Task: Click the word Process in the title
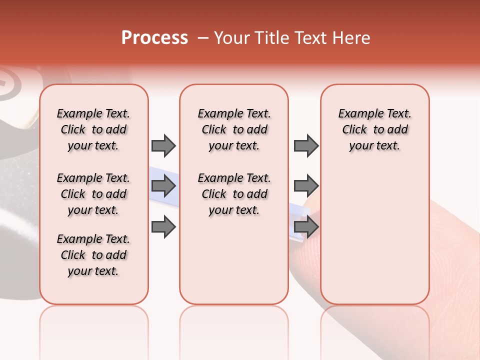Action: (x=154, y=38)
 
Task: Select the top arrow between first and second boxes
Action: (x=163, y=145)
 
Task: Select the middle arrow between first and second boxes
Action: (x=163, y=186)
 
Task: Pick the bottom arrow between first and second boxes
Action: (x=163, y=227)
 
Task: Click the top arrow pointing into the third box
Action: (x=306, y=145)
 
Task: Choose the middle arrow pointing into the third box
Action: (x=306, y=186)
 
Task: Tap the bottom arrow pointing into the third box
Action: (x=306, y=227)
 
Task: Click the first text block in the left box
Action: (x=93, y=129)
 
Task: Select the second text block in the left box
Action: (x=93, y=194)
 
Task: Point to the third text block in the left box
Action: (x=93, y=255)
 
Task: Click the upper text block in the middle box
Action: (x=234, y=129)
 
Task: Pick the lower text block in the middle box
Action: (x=234, y=194)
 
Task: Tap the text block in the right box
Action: (x=374, y=129)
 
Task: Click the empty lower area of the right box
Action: (x=374, y=240)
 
